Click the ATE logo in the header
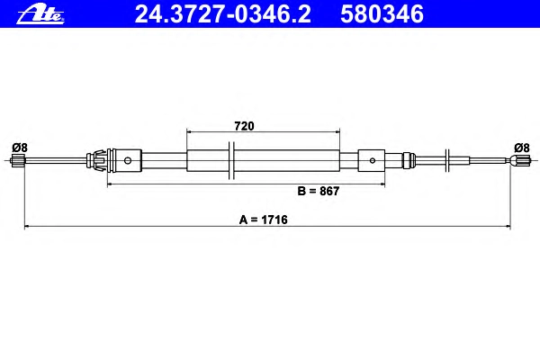click(x=40, y=15)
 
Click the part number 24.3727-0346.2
click(x=223, y=14)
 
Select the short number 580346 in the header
click(x=382, y=14)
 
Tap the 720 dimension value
click(x=244, y=126)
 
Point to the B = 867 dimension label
click(x=319, y=191)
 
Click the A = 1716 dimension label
click(x=264, y=220)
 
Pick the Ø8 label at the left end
click(x=20, y=148)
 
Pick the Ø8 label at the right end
click(x=522, y=148)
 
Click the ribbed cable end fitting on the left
click(x=18, y=161)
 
